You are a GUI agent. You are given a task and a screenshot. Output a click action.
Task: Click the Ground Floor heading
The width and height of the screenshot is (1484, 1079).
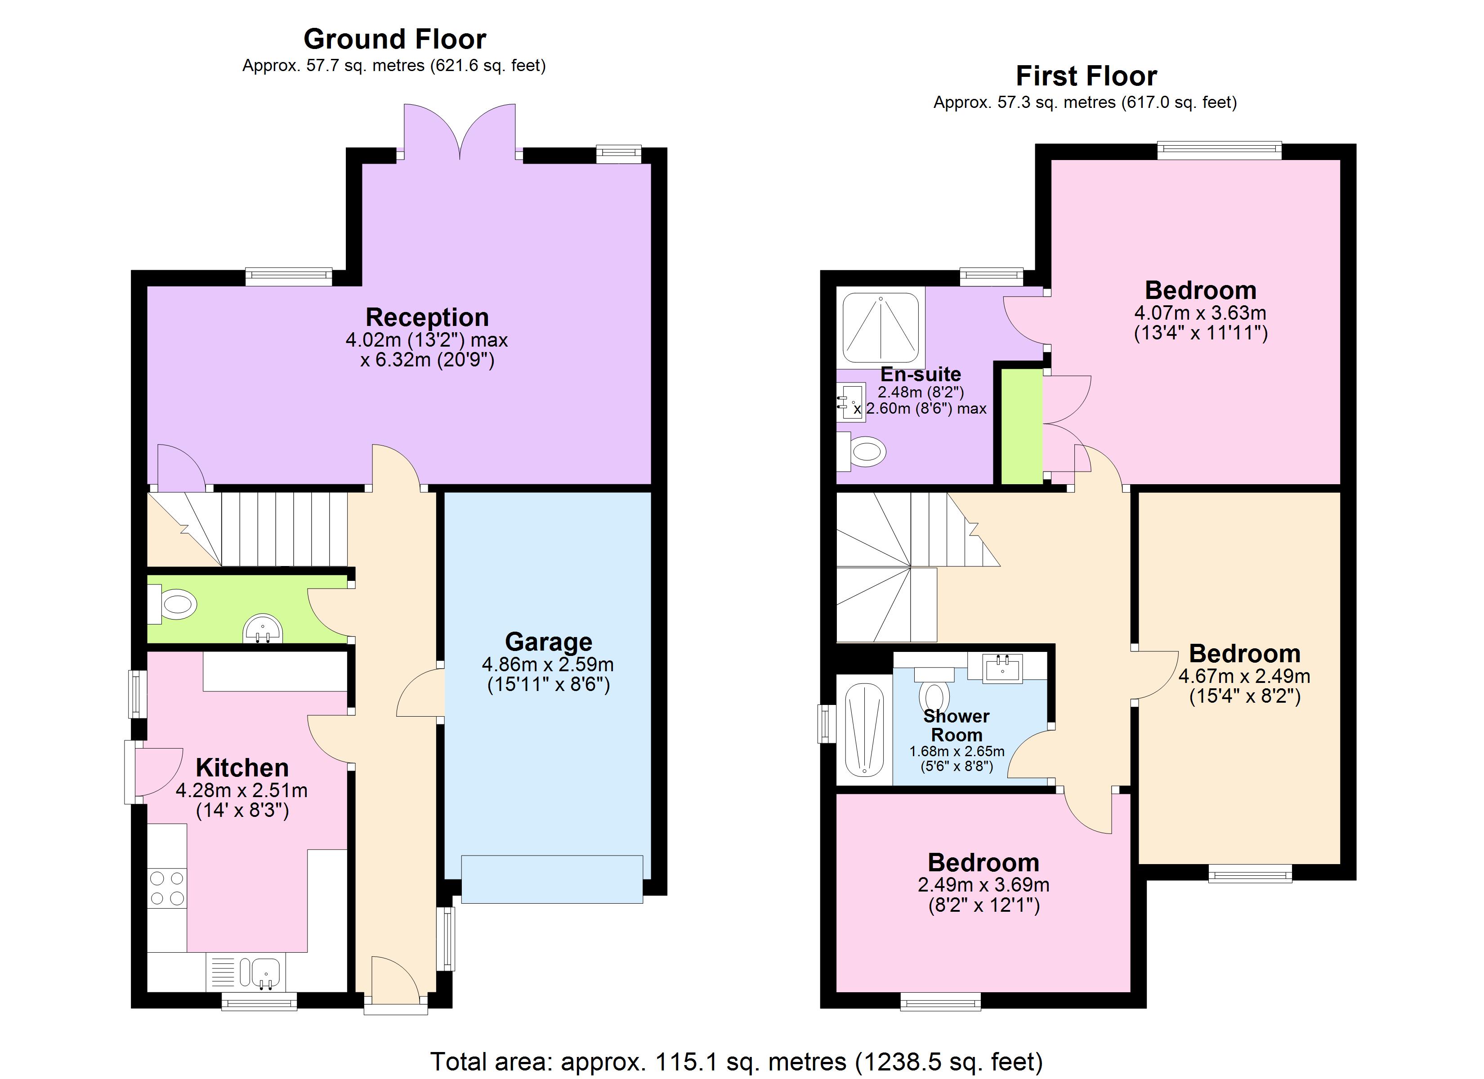coord(394,39)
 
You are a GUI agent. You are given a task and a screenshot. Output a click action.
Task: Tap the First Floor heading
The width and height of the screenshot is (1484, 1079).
coord(1086,76)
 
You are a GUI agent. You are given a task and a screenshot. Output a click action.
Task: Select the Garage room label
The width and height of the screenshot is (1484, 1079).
coord(548,642)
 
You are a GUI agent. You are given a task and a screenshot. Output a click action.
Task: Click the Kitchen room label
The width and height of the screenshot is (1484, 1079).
coord(242,767)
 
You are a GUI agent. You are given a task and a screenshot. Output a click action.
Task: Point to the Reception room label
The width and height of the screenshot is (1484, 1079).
coord(427,317)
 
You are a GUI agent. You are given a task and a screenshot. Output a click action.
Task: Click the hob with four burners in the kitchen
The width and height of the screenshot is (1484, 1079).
coord(167,888)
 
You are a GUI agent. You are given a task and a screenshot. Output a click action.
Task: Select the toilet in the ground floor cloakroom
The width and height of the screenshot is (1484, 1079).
coord(174,604)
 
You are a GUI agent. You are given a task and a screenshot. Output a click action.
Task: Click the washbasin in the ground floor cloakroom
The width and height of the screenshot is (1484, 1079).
coord(263,629)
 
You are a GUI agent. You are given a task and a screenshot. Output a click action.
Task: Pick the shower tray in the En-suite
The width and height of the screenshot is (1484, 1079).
coord(880,328)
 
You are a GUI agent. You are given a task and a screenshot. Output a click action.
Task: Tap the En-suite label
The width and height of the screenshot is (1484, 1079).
coord(920,375)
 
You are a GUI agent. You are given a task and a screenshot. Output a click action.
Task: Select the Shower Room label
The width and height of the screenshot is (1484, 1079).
coord(956,726)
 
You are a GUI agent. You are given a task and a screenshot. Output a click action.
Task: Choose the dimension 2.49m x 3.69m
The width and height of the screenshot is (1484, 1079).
coord(983,885)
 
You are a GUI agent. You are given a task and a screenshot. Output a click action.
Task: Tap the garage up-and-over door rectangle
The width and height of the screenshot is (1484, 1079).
coord(552,879)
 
